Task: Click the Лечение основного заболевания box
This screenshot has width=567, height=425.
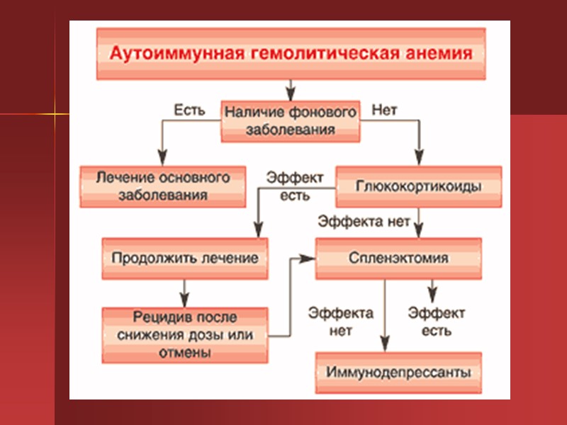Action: point(163,187)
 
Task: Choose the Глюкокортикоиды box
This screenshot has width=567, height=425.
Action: point(418,187)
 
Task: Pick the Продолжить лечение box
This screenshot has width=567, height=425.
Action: point(184,257)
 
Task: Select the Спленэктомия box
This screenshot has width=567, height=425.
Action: point(398,258)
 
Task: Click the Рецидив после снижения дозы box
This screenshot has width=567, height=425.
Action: point(184,334)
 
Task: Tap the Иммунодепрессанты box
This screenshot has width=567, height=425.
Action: point(398,373)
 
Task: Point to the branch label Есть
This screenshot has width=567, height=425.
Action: point(190,110)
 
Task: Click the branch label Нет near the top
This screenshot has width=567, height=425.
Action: point(385,110)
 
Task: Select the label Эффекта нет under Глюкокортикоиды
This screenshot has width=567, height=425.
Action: point(364,222)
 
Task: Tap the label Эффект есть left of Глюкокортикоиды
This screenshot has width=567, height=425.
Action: point(295,186)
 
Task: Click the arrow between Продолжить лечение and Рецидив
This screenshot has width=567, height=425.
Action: point(184,290)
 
